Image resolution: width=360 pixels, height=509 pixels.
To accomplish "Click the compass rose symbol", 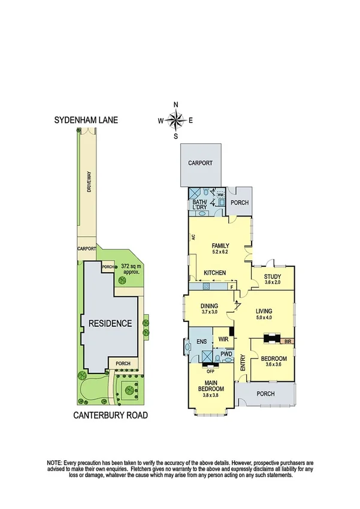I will coord(176,120).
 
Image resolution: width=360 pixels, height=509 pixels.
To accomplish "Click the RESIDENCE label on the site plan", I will coord(110,323).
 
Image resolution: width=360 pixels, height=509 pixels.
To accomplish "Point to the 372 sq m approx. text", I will coord(131,268).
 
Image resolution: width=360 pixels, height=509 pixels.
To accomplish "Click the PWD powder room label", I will coord(226,354).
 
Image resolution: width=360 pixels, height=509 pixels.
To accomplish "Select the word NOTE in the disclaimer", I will coord(56,463).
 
